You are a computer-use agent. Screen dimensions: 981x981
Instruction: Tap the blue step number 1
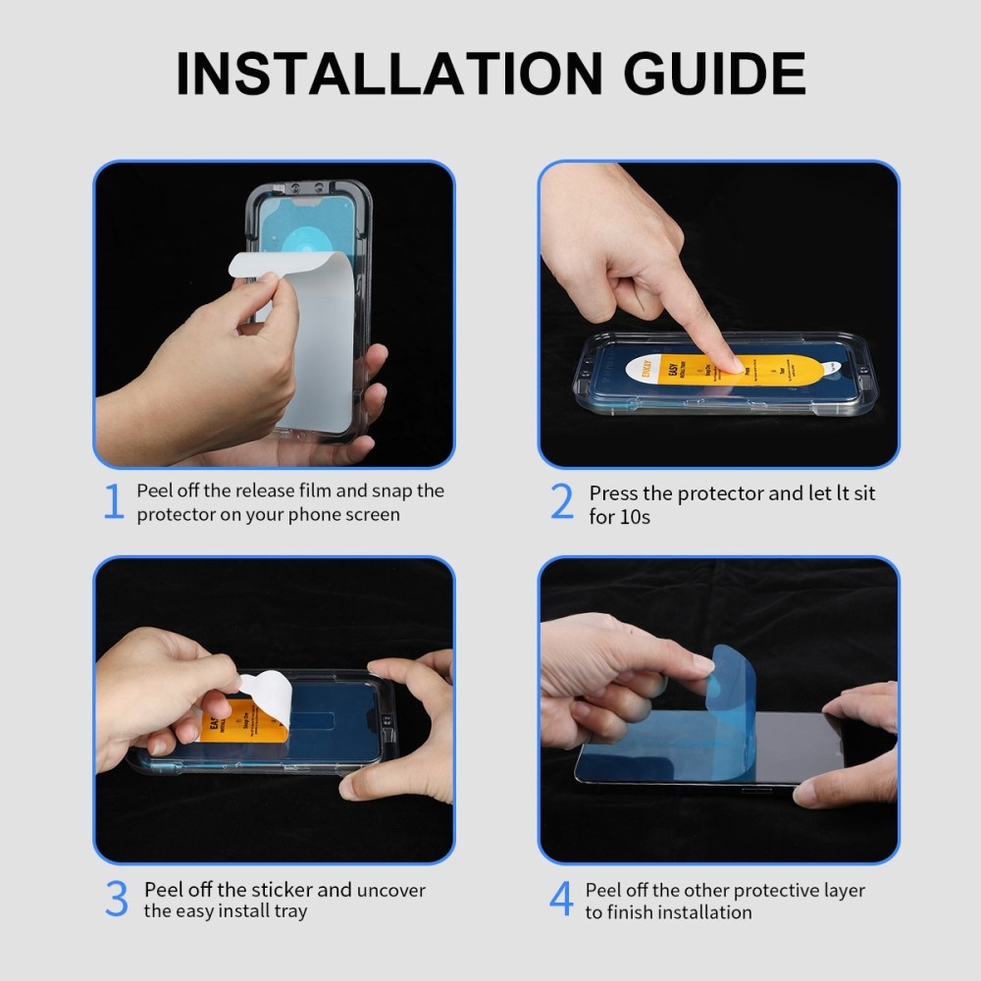tap(114, 502)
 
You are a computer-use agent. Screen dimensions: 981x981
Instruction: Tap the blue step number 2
tap(562, 502)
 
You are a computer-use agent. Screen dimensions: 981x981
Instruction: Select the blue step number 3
tap(116, 900)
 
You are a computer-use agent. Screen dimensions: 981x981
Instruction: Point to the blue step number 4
tap(561, 900)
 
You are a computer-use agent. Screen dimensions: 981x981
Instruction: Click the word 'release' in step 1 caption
tap(270, 490)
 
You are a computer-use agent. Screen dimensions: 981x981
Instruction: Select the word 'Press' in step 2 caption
tap(614, 493)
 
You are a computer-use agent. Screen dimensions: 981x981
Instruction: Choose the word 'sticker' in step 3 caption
tap(283, 890)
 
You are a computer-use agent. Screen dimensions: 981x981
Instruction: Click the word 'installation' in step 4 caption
tap(704, 912)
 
